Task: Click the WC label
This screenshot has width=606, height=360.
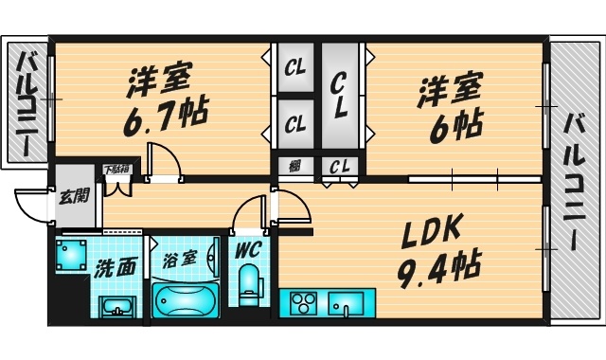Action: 248,251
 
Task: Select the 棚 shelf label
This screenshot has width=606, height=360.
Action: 295,167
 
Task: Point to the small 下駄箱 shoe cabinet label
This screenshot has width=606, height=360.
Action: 116,170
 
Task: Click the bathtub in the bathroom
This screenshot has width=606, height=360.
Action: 186,300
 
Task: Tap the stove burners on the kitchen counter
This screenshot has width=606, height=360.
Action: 303,306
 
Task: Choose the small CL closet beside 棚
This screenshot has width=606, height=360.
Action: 337,167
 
